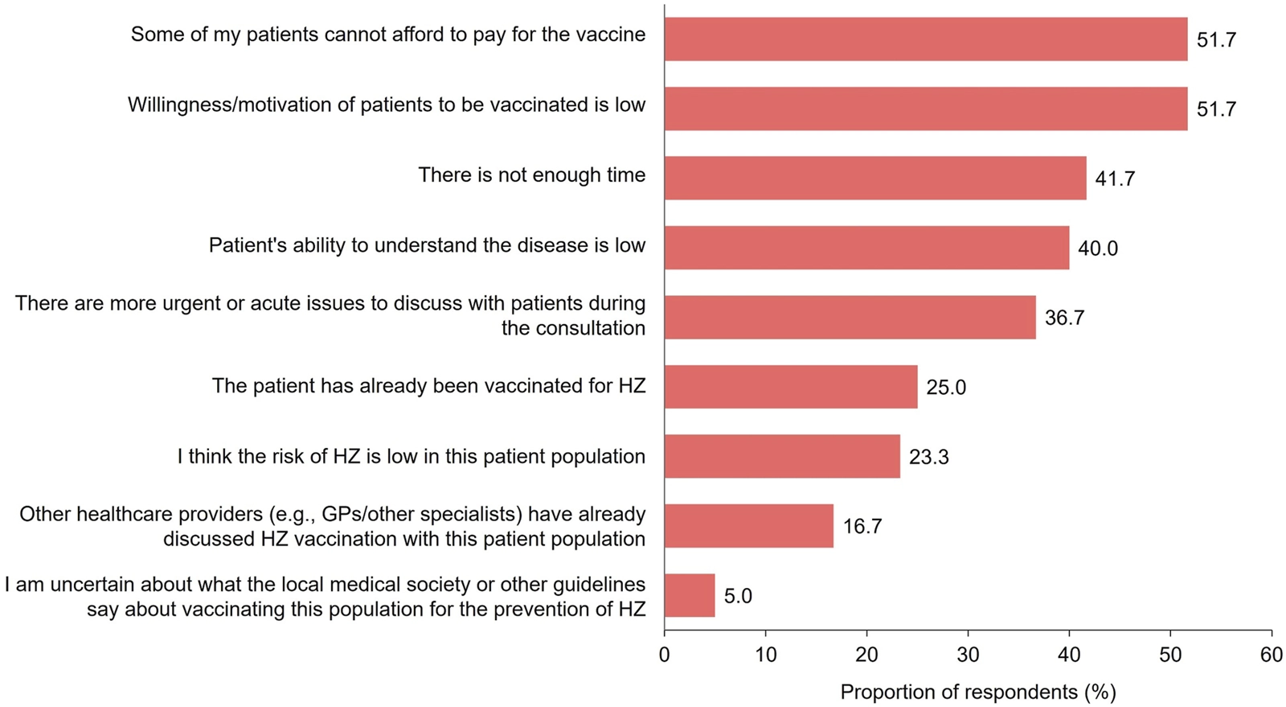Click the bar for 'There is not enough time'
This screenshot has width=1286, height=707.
tap(874, 178)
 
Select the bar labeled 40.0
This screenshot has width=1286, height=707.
tap(866, 248)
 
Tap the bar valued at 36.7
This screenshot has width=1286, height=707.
tap(850, 317)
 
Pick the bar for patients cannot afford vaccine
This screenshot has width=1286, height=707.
tap(925, 39)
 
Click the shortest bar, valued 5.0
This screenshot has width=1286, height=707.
tap(690, 595)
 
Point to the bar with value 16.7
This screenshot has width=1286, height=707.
tap(748, 526)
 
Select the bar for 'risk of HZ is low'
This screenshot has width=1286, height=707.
tap(782, 456)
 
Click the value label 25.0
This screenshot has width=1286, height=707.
tap(946, 388)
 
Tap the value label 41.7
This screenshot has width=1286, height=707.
tap(1115, 179)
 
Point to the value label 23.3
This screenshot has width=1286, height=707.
tap(928, 457)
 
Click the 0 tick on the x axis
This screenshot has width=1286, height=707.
tap(665, 655)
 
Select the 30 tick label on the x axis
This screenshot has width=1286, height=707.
tap(968, 655)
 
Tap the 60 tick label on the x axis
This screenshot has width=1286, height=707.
tap(1272, 655)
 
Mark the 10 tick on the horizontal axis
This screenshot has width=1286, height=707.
tap(766, 655)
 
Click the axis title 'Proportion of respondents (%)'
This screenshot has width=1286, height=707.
tap(978, 692)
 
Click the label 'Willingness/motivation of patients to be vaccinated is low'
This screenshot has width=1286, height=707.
tap(387, 105)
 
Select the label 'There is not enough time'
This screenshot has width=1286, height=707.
tap(531, 175)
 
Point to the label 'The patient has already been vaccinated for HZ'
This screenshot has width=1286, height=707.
tap(428, 386)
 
